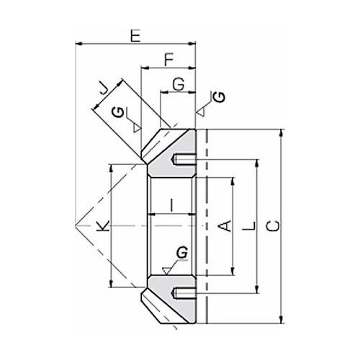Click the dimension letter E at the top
135,36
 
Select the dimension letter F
169,60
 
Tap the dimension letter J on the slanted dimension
103,89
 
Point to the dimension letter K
103,226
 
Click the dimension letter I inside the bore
171,205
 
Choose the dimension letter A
225,226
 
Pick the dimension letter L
249,226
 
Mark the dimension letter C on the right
273,226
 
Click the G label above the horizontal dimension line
179,84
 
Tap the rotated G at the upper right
220,96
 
